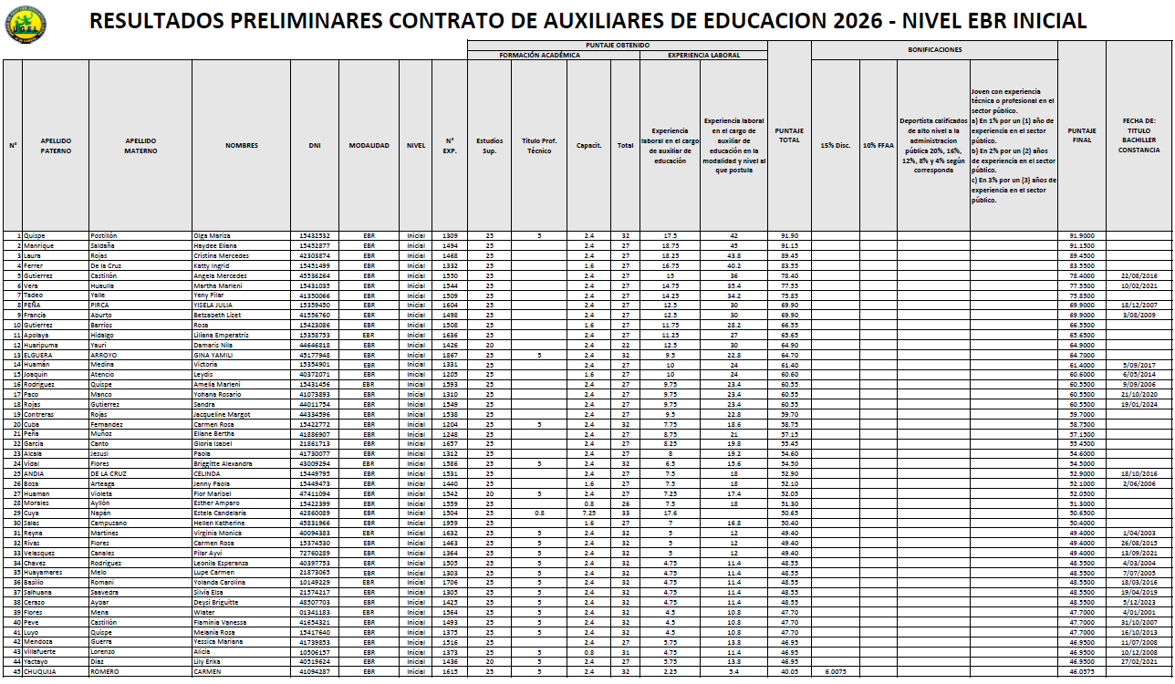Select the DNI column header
click(314, 145)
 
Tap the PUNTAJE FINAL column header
click(1081, 135)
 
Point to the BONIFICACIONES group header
click(934, 49)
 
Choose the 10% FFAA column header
click(878, 145)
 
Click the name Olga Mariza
click(213, 236)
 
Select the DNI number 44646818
click(314, 346)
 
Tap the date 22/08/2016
click(1139, 275)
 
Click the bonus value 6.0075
click(837, 671)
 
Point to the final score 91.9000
click(1081, 236)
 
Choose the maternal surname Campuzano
click(108, 523)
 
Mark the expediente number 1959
click(450, 523)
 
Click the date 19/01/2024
click(1139, 404)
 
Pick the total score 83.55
click(789, 265)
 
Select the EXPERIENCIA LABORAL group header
click(704, 56)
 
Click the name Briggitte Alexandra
click(223, 463)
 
